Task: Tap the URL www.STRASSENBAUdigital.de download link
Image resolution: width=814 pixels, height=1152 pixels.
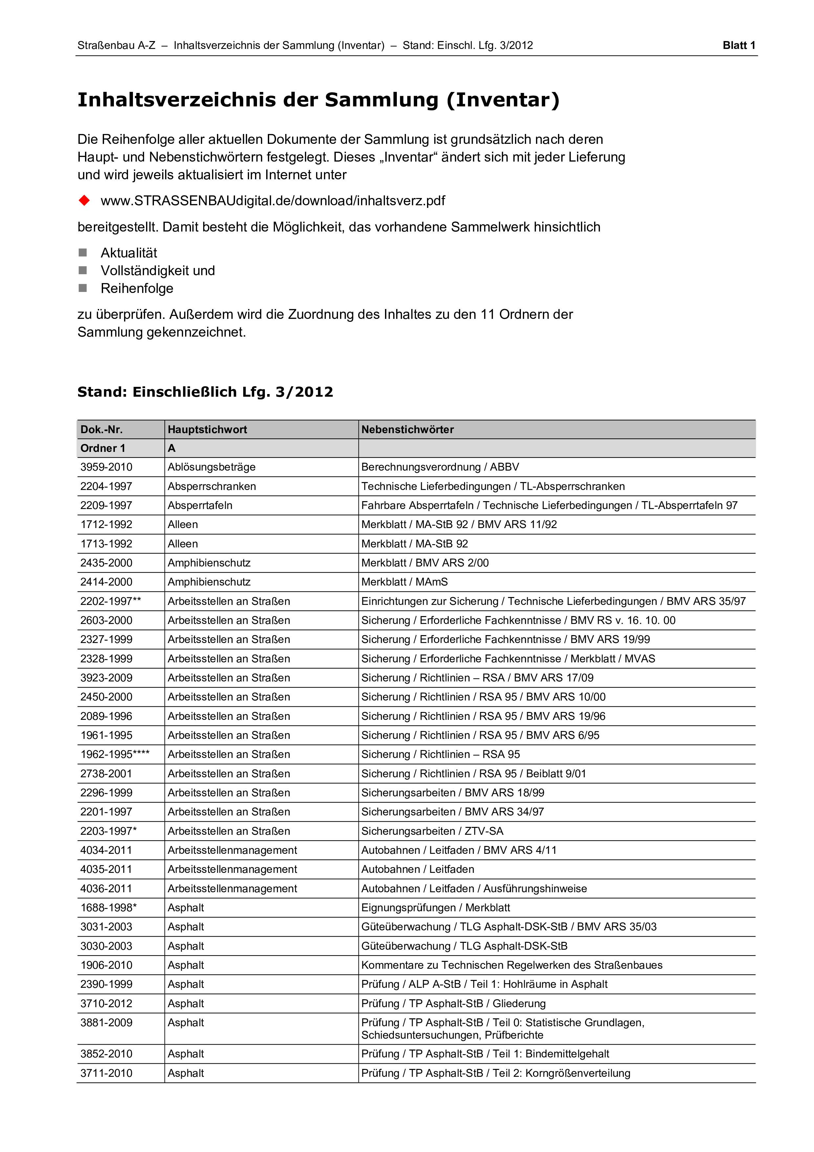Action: click(272, 201)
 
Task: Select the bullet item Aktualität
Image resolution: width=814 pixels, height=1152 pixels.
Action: click(129, 253)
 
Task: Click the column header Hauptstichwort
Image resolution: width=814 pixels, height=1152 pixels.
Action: click(207, 430)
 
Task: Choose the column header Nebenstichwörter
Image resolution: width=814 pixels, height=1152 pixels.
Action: click(407, 430)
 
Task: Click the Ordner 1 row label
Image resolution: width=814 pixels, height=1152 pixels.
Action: click(103, 448)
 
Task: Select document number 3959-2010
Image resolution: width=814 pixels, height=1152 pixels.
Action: click(106, 467)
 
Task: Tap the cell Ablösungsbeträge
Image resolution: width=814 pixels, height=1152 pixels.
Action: click(211, 467)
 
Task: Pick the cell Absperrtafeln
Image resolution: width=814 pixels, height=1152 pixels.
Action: click(200, 505)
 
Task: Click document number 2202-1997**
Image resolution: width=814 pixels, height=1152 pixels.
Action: click(110, 601)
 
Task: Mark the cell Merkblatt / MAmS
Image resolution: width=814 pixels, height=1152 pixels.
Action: click(404, 582)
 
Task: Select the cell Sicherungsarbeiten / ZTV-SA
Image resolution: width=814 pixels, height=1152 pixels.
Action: click(432, 831)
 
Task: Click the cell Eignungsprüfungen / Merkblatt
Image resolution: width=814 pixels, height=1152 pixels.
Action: click(435, 908)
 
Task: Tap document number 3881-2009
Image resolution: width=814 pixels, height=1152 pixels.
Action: click(106, 1023)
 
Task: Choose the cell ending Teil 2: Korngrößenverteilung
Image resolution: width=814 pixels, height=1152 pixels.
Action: click(496, 1073)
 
